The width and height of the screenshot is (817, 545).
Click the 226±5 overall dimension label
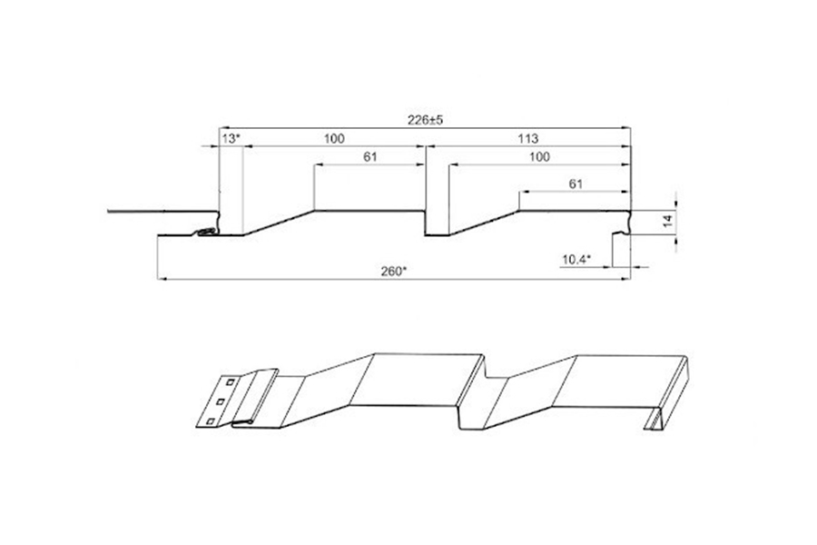[425, 120]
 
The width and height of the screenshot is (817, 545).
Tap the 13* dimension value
[231, 139]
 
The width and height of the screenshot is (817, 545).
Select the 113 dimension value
[527, 139]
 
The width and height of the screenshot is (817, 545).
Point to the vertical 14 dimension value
[668, 220]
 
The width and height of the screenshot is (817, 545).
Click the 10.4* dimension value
[576, 259]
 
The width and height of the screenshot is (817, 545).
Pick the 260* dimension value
[392, 272]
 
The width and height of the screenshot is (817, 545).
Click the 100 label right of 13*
[334, 139]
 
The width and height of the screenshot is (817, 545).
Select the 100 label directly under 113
[539, 157]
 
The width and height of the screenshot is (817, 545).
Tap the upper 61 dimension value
[370, 157]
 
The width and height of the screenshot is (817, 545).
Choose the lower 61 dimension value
[576, 184]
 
